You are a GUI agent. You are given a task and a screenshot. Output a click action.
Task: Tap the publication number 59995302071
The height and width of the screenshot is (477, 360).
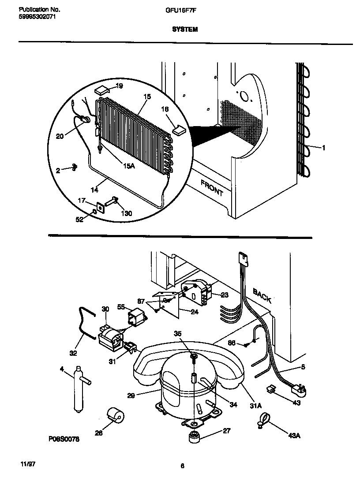38,16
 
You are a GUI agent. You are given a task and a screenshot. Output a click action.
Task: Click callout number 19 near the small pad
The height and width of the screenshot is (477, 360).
119,86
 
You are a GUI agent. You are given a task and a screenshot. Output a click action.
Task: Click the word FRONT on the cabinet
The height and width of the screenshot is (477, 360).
212,188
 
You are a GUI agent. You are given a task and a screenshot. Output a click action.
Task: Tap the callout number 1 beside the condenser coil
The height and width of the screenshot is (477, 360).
323,148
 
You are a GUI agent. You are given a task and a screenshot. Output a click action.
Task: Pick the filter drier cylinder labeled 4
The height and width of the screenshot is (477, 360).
79,388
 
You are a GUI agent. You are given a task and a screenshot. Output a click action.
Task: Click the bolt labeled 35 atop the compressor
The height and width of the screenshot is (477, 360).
193,357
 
